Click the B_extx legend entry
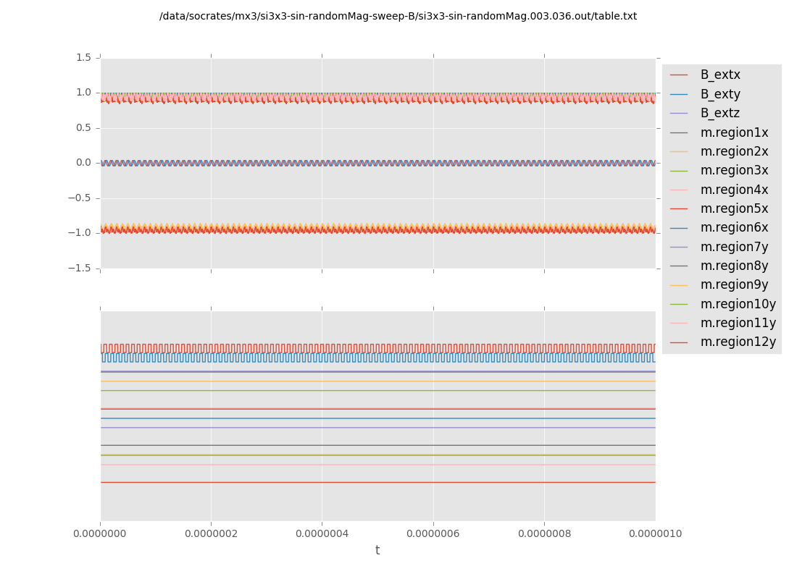[x=720, y=75]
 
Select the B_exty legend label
[x=720, y=94]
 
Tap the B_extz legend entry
[x=720, y=113]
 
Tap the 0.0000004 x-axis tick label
[x=322, y=534]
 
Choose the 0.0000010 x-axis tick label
[x=655, y=534]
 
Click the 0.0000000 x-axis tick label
[x=100, y=534]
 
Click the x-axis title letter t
[x=377, y=551]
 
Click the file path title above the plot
[x=398, y=16]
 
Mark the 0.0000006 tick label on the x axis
[x=433, y=534]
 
